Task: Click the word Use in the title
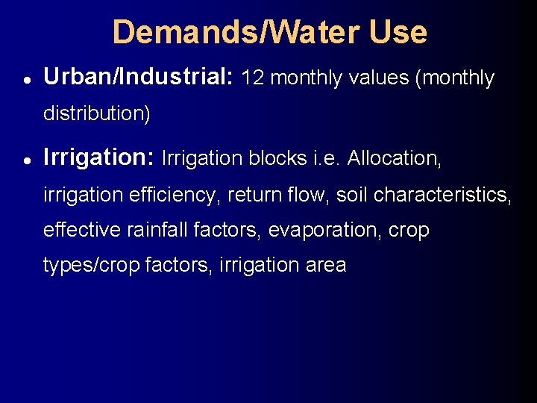[x=397, y=32]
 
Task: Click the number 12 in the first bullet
[x=253, y=78]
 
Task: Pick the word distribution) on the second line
[x=97, y=114]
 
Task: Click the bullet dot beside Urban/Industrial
[x=26, y=78]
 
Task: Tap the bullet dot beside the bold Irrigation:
[x=26, y=159]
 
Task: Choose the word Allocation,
[x=395, y=159]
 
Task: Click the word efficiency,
[x=175, y=195]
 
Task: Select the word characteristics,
[x=442, y=195]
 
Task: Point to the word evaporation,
[x=328, y=231]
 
